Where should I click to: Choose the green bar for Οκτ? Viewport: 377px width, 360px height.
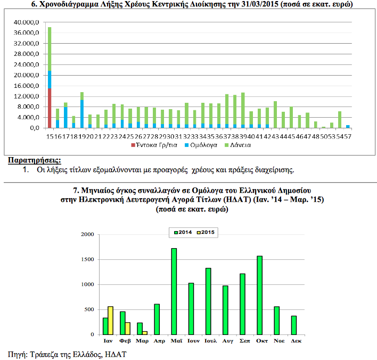(260, 295)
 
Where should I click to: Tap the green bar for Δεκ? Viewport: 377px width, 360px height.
(294, 325)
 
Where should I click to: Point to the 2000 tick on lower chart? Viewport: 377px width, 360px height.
(86, 235)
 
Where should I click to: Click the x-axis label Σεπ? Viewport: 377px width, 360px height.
(242, 341)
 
